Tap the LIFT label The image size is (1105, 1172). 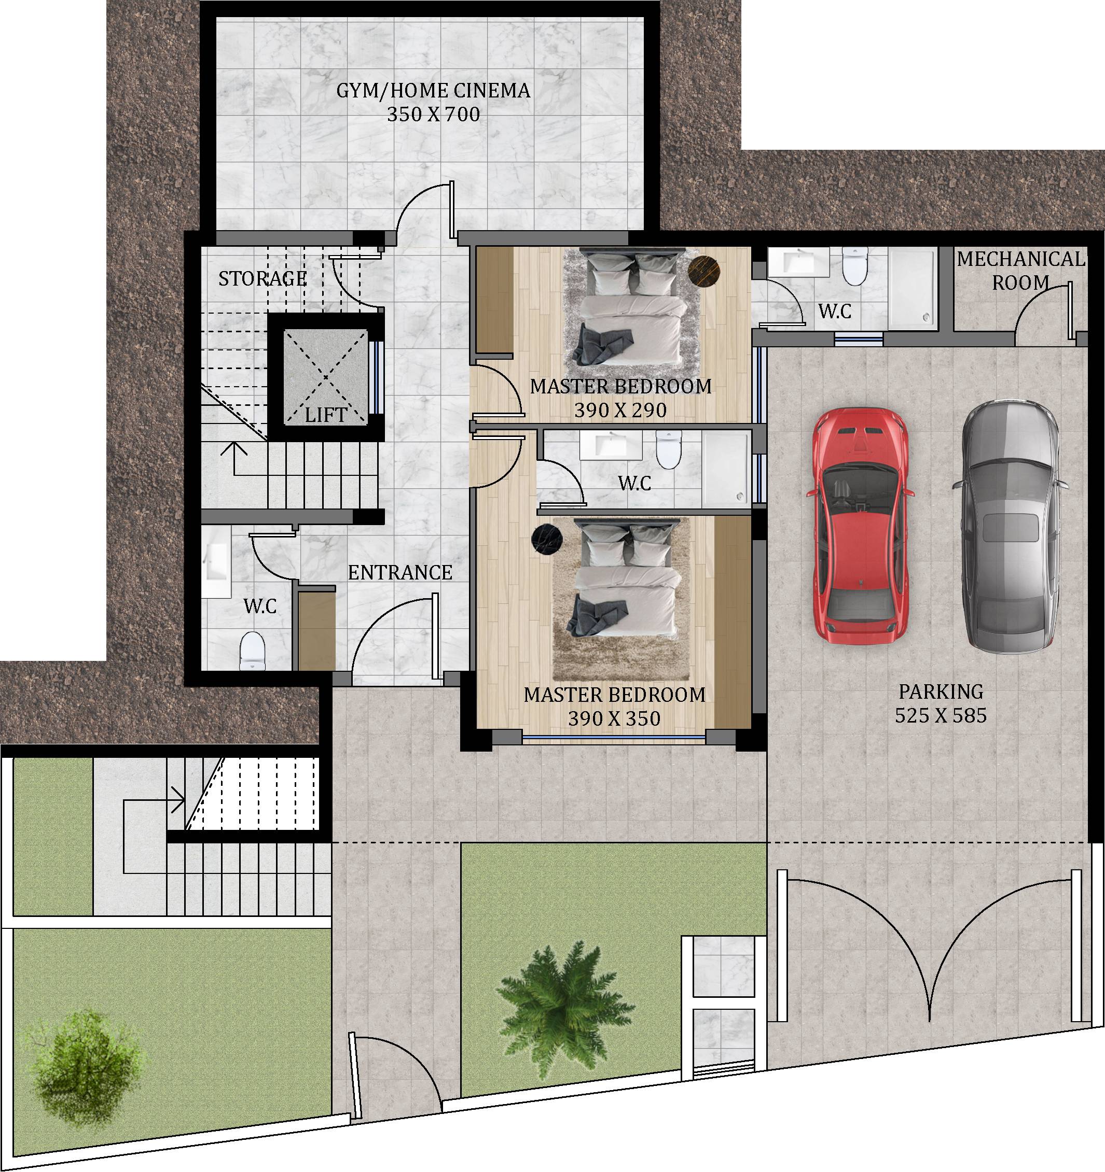click(326, 415)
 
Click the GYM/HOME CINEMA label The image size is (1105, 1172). click(433, 91)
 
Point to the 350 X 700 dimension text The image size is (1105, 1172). click(433, 115)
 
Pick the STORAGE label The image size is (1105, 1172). click(263, 278)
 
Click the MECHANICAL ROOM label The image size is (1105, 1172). click(1020, 271)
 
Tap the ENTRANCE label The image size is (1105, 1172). click(400, 572)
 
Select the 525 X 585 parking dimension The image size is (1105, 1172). click(941, 715)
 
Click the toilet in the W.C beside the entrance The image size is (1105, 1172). click(253, 651)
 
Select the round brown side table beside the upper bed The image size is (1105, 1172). click(705, 272)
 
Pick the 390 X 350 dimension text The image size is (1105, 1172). click(614, 718)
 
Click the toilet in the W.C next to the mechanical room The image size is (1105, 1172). click(854, 266)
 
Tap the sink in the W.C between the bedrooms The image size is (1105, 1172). click(611, 445)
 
